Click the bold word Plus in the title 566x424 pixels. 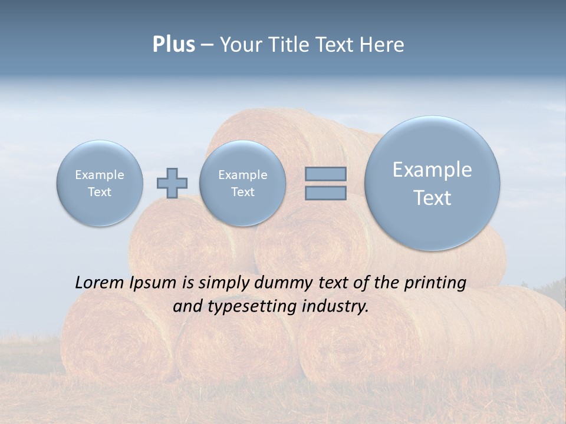(173, 45)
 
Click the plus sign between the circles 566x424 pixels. (172, 183)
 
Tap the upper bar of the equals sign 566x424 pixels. (325, 174)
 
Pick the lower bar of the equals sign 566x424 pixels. (325, 193)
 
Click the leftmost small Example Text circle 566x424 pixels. (100, 183)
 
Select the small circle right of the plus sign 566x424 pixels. (242, 183)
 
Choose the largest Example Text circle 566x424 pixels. (432, 183)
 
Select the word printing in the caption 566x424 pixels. (435, 283)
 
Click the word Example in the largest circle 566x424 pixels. (432, 170)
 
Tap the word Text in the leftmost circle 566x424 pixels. (100, 192)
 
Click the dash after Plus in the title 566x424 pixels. (207, 45)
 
